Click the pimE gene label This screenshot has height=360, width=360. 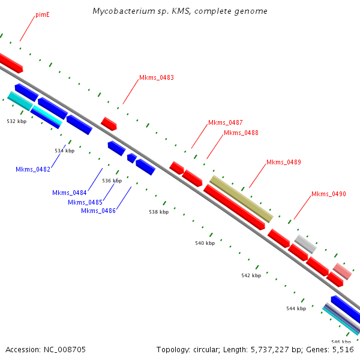[x=43, y=14]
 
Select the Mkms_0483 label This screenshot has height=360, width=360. [x=157, y=77]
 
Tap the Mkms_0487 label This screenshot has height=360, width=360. [x=225, y=122]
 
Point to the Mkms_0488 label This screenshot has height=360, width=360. [x=241, y=133]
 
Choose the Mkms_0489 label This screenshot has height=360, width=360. [x=284, y=162]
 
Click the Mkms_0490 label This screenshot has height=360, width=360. [x=328, y=194]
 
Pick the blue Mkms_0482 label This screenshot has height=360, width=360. [x=33, y=169]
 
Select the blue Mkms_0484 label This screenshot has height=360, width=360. [x=70, y=193]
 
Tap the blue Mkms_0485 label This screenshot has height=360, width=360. [x=85, y=202]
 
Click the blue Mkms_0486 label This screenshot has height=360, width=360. [x=98, y=211]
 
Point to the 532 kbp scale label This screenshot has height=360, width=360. [x=17, y=121]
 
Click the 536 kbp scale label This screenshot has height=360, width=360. [x=112, y=181]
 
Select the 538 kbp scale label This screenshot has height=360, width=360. [x=159, y=212]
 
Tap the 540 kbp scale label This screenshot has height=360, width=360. [x=205, y=243]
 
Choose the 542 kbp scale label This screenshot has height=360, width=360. [x=251, y=275]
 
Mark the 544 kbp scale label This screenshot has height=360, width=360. [x=296, y=308]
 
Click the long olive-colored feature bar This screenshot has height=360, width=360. [x=241, y=199]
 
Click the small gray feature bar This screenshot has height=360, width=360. [x=305, y=244]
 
